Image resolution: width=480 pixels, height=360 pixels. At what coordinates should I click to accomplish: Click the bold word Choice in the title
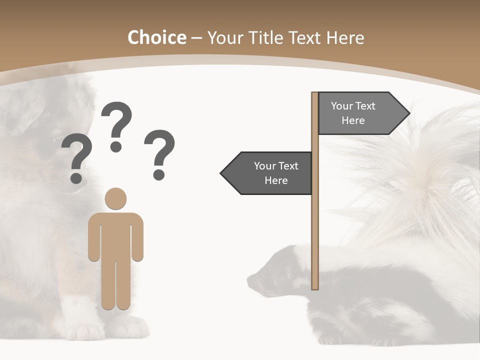pyautogui.click(x=156, y=37)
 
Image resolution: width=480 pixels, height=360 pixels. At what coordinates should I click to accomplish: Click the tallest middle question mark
pyautogui.click(x=116, y=125)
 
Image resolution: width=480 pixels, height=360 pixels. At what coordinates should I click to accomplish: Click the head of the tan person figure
pyautogui.click(x=115, y=198)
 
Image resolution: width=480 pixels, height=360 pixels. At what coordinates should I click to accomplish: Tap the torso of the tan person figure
pyautogui.click(x=115, y=235)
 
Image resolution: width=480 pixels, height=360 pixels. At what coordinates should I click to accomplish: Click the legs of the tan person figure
pyautogui.click(x=115, y=285)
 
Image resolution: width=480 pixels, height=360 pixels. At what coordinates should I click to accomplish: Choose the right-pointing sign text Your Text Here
pyautogui.click(x=353, y=113)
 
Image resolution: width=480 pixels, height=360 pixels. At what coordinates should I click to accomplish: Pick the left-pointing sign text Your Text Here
pyautogui.click(x=276, y=173)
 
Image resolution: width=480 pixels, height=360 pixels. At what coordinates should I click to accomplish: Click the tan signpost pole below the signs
pyautogui.click(x=315, y=240)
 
